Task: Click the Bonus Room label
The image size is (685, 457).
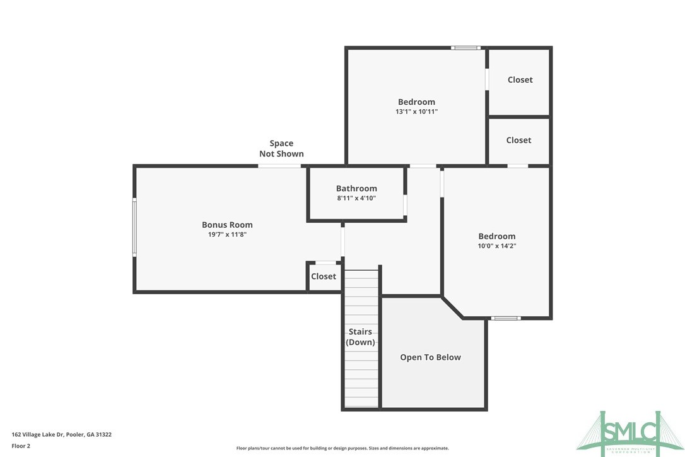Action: click(227, 225)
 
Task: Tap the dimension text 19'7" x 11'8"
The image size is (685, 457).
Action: click(227, 234)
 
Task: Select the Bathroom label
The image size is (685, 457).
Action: click(356, 188)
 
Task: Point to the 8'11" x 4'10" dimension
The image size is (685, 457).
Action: click(356, 198)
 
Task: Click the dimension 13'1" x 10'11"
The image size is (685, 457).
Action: click(416, 111)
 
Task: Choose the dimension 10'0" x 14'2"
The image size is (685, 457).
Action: click(496, 246)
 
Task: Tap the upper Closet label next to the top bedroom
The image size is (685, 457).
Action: click(520, 80)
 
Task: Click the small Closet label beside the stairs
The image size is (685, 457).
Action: click(324, 276)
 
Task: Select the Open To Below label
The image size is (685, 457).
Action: click(430, 357)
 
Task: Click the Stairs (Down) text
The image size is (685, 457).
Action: click(360, 337)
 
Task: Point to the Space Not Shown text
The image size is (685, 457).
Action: click(281, 148)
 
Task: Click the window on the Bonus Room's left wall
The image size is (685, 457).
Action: click(134, 227)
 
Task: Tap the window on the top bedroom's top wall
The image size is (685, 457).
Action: click(465, 47)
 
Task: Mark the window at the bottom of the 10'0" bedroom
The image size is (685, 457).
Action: click(506, 318)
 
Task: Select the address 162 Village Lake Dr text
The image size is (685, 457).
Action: click(62, 434)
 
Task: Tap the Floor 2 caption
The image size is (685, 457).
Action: click(21, 446)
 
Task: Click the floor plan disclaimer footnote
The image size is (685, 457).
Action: click(342, 448)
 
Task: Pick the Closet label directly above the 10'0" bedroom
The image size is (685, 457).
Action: click(518, 140)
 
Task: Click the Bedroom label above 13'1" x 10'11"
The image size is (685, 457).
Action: click(416, 102)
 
